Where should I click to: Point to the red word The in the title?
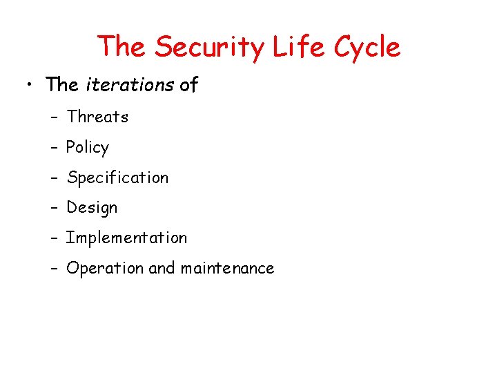122,47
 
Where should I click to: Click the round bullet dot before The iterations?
30,86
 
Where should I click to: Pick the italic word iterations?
130,85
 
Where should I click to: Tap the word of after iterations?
188,85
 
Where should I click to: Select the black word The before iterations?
63,85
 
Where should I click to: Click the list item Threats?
97,117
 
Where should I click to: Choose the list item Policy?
88,148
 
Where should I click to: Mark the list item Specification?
117,178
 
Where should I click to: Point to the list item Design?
92,208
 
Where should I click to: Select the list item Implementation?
126,238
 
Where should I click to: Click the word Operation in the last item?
105,268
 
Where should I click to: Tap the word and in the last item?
162,268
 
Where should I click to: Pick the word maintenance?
227,268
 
